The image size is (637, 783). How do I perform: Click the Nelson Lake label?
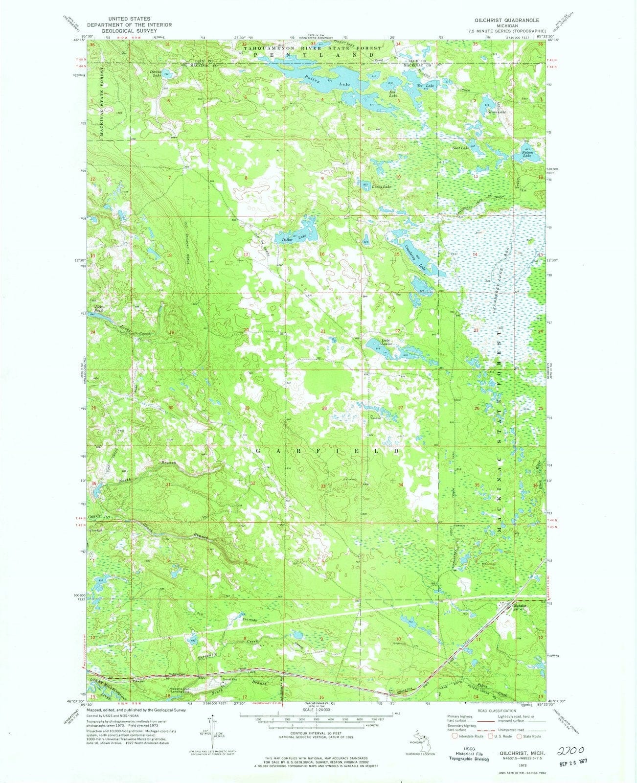(x=528, y=153)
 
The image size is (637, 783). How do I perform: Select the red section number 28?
(x=324, y=408)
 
